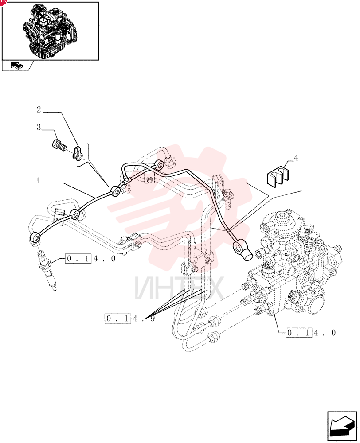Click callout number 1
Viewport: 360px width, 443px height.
38,181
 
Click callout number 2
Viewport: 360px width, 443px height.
39,109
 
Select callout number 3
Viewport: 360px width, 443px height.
39,128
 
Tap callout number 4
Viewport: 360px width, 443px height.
296,158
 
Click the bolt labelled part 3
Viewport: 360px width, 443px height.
59,145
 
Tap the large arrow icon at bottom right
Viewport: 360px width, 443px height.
342,427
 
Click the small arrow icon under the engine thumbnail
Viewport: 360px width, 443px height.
17,66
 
